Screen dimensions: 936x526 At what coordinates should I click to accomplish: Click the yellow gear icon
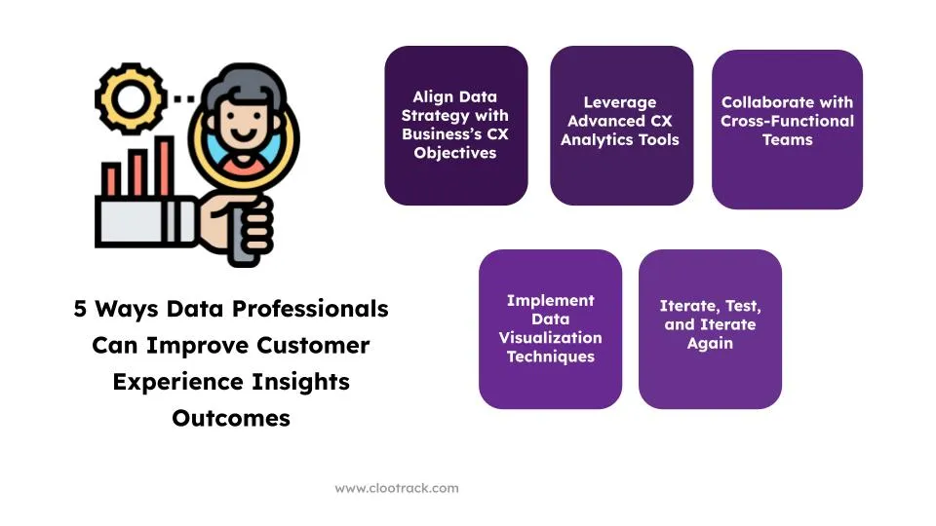pos(131,98)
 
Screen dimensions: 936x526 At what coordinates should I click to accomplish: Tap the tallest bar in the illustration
pos(164,166)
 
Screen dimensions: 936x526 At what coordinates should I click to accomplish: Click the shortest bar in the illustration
pos(110,179)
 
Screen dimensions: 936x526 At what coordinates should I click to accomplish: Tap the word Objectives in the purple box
pos(455,153)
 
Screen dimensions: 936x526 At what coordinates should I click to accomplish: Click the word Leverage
pos(620,102)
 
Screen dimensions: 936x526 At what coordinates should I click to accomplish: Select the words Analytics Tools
pos(620,139)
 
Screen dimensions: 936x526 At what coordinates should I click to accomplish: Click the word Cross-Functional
pos(787,121)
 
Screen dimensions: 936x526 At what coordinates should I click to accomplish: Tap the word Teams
pos(788,139)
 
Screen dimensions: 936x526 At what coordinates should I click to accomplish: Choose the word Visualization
pos(550,338)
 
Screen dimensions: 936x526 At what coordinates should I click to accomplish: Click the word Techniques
pos(550,357)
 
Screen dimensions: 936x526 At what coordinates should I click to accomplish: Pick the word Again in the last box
pos(710,344)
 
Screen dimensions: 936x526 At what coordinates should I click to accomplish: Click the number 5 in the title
pos(80,309)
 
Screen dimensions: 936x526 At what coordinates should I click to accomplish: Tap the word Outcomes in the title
pos(231,418)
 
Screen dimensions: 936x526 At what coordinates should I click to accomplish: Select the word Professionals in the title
pos(310,309)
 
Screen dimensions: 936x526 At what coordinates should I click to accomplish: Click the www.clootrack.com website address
pos(397,488)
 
